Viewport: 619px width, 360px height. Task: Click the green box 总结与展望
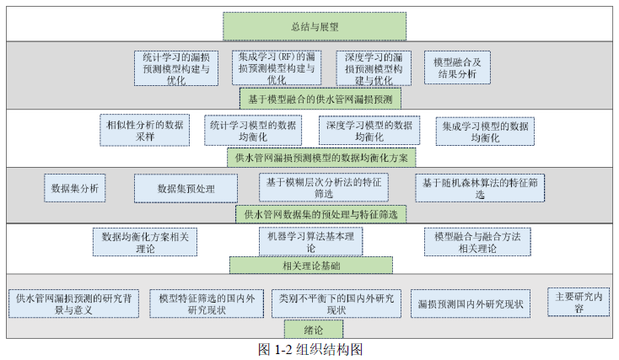[314, 26]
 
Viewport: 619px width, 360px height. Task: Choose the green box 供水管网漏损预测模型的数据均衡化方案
[320, 158]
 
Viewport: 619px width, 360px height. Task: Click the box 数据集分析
[75, 188]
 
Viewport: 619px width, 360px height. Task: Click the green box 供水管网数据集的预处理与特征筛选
[320, 214]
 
